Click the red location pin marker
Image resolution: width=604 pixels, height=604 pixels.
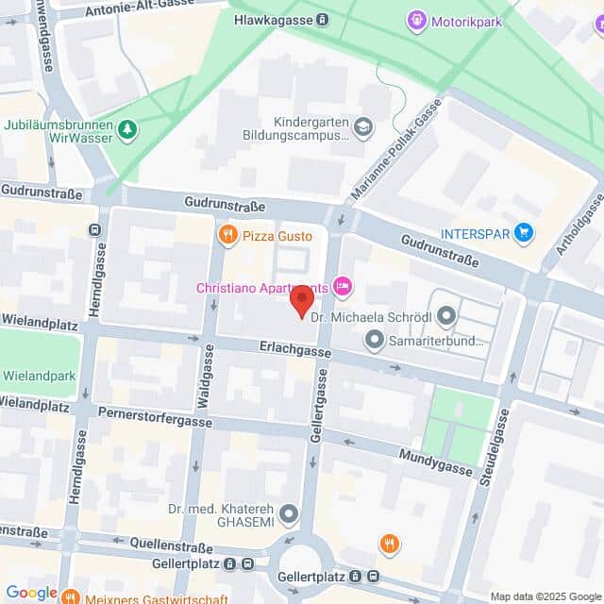(300, 303)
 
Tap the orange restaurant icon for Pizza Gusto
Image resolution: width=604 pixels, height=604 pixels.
(226, 233)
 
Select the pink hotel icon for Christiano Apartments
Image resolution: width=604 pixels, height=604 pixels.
(343, 285)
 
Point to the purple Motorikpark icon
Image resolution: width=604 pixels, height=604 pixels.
(415, 19)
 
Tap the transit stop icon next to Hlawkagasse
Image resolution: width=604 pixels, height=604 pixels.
(323, 19)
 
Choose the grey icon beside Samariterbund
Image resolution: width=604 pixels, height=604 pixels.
(376, 339)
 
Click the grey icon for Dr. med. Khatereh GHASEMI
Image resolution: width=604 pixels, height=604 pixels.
(290, 514)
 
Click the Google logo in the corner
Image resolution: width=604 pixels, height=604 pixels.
(31, 593)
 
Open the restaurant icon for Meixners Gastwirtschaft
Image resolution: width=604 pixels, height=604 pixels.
(70, 595)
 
